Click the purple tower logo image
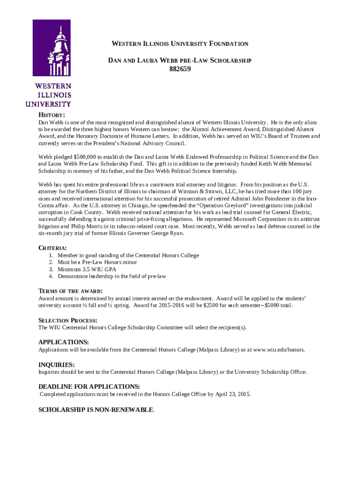coord(51,48)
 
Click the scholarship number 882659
coord(180,70)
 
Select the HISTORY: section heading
coord(51,115)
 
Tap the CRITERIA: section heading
coord(52,247)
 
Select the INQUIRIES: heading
coord(57,364)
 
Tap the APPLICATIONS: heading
coord(64,342)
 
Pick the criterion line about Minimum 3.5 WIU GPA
coord(87,269)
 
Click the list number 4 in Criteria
coord(50,276)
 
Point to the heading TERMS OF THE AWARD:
coord(71,291)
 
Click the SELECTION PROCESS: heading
coord(68,320)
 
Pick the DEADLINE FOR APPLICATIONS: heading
coord(89,386)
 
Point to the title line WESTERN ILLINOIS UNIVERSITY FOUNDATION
coord(180,44)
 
